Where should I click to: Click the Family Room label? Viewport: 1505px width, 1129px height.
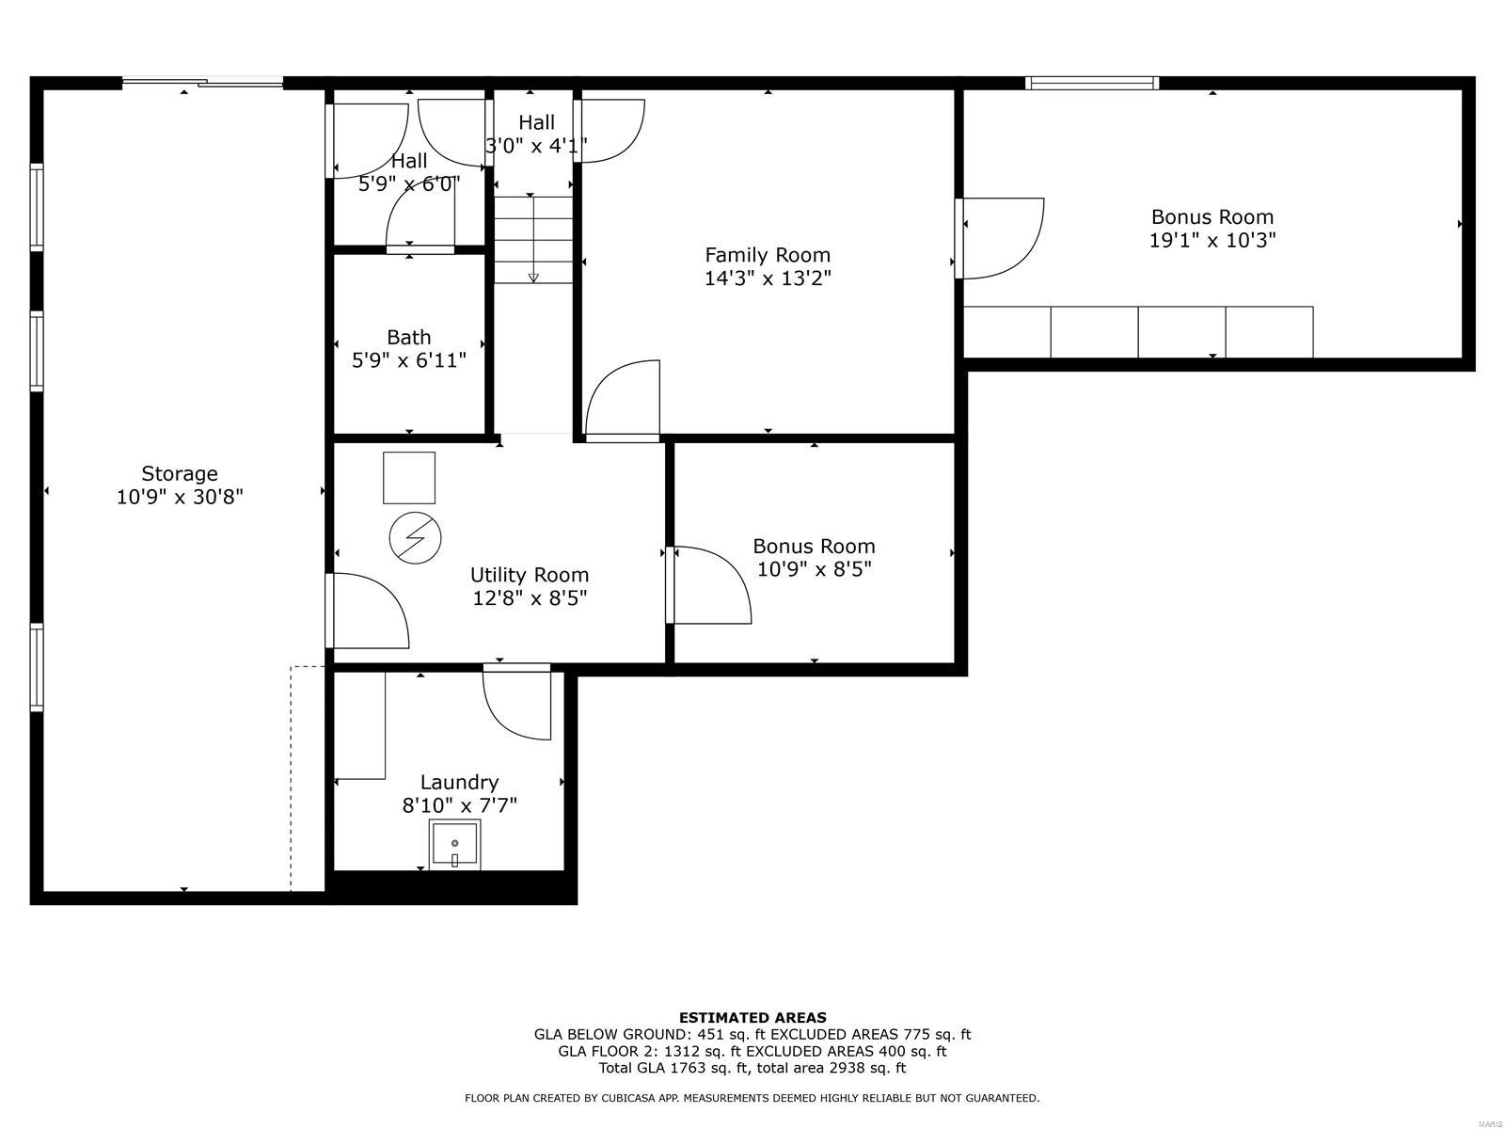(768, 255)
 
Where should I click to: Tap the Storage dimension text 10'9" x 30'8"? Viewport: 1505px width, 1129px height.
(180, 497)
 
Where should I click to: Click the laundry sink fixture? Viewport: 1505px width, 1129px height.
(455, 844)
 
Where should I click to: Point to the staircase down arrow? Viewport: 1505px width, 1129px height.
(533, 276)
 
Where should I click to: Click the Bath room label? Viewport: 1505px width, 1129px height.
(409, 337)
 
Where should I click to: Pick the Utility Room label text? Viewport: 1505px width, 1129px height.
(530, 575)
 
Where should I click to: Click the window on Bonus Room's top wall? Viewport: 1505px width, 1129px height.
(1091, 84)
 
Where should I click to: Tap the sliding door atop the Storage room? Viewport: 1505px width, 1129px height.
(202, 84)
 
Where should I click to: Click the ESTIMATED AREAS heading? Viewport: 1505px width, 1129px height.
(752, 1017)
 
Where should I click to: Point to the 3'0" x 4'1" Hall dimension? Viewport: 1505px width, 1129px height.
(536, 146)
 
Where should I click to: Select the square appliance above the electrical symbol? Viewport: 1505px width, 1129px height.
(409, 478)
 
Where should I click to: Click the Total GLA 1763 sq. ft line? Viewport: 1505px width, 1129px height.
(752, 1068)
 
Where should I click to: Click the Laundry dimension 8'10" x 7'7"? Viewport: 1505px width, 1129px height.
(460, 805)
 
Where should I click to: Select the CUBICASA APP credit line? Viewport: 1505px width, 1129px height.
(752, 1098)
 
